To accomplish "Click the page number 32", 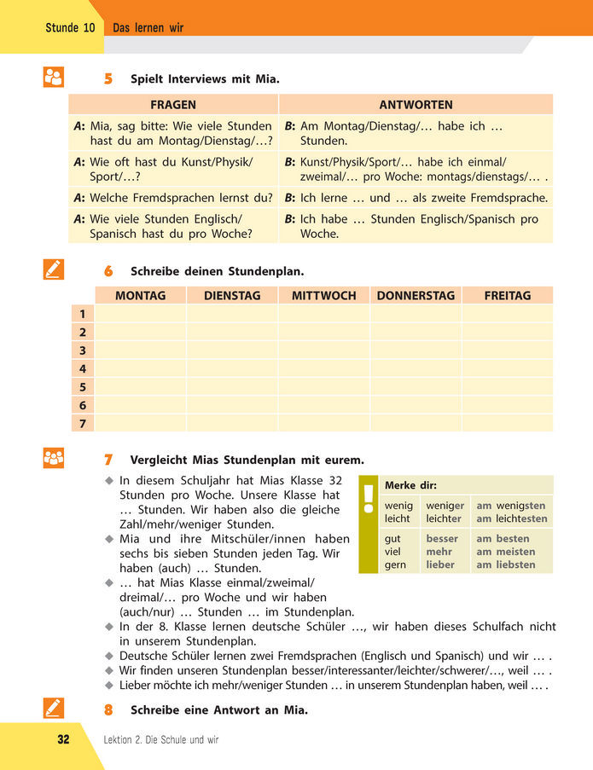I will [63, 739].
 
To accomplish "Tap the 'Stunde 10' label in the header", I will [70, 28].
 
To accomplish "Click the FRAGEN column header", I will [173, 105].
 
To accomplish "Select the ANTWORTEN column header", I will [416, 105].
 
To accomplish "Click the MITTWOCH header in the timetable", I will [323, 296].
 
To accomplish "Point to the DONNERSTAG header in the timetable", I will [416, 296].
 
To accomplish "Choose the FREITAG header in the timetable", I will [507, 296].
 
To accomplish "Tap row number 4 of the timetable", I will [82, 369].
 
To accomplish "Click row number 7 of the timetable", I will [82, 424].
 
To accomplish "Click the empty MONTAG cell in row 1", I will [140, 315].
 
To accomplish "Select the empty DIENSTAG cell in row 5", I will [231, 387].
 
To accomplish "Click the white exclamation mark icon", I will [369, 498].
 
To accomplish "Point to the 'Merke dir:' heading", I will [410, 485].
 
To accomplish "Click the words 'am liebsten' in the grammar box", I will [506, 564].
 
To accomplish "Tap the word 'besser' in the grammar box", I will [441, 539].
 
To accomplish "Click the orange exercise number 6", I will [108, 272].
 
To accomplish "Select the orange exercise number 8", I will [108, 709].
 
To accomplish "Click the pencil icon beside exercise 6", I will [53, 270].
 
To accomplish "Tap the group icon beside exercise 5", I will [53, 78].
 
